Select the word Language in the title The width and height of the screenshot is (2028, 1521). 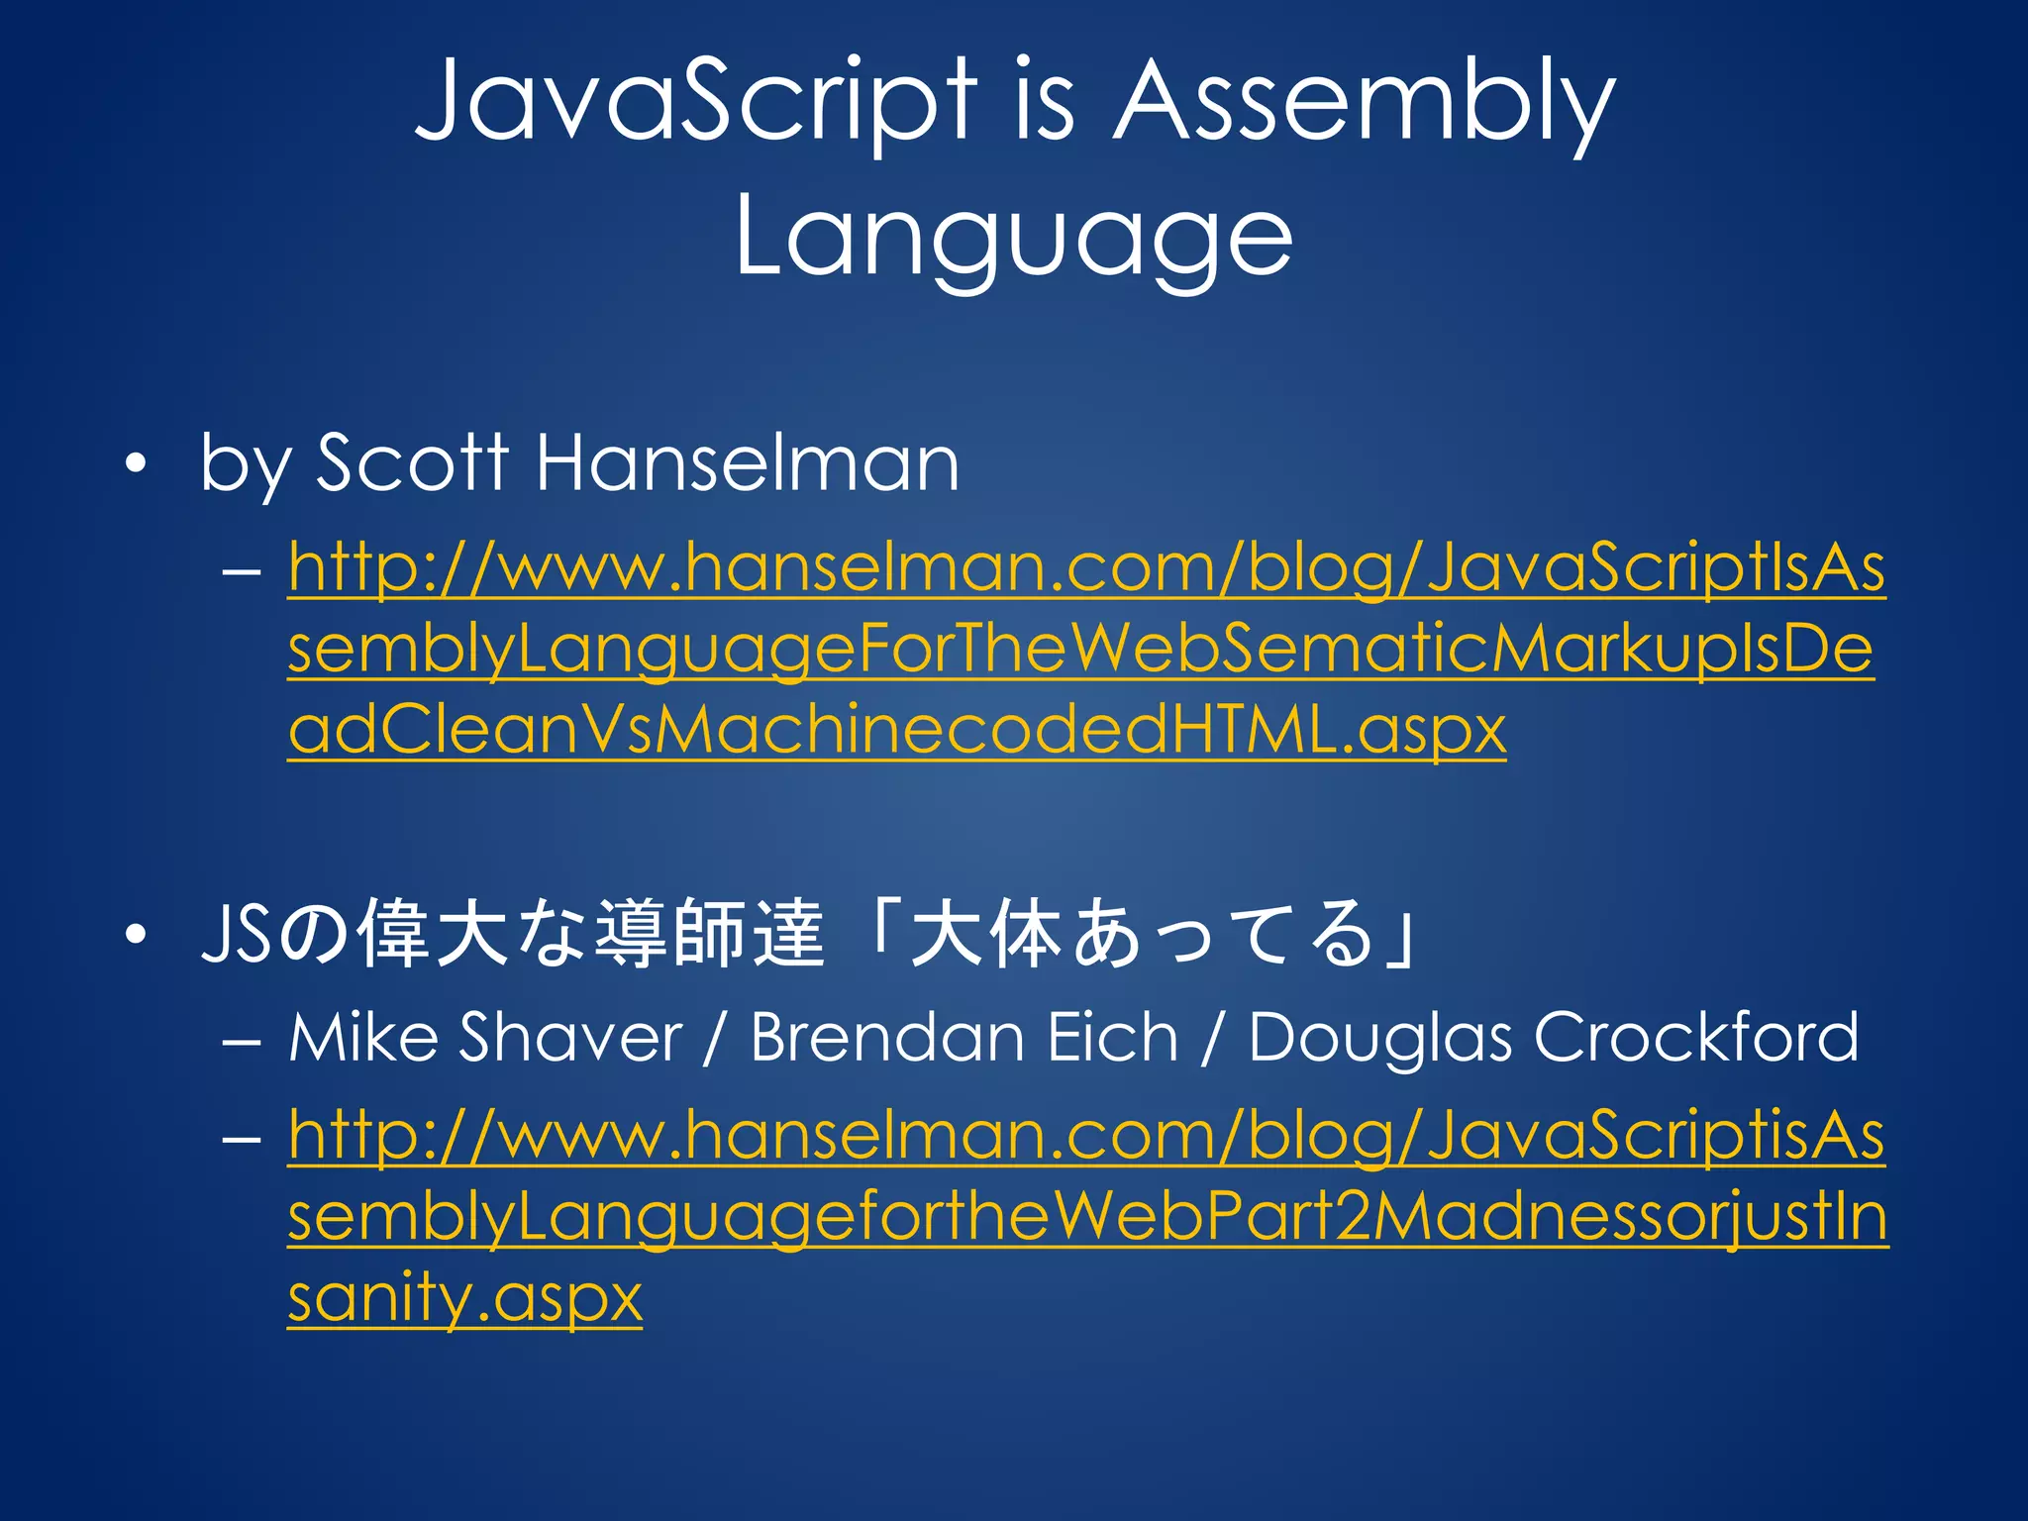coord(1013,238)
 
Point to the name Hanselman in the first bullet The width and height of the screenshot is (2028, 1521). coord(748,462)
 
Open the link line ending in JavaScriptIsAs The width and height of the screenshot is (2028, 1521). coord(1086,568)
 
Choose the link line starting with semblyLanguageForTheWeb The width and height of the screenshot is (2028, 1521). coord(1080,650)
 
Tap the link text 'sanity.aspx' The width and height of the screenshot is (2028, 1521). coord(464,1297)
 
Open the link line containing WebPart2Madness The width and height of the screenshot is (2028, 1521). coord(1087,1217)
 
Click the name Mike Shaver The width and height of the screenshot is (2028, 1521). coord(485,1038)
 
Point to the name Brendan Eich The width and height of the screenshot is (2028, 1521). coord(963,1038)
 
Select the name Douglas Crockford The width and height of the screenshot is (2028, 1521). coord(1553,1038)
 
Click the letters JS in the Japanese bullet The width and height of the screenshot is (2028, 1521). coord(235,933)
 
